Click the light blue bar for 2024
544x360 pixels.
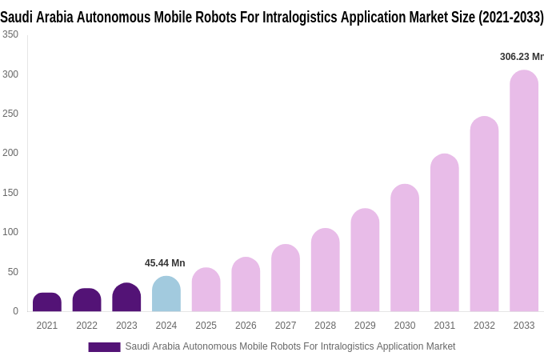pos(166,294)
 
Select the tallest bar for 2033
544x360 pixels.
pos(524,192)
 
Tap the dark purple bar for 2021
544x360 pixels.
pos(47,302)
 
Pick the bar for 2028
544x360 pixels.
pos(326,270)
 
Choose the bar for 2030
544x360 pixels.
pos(405,248)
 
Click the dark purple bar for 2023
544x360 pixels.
pos(126,298)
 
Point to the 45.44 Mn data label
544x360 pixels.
pos(165,263)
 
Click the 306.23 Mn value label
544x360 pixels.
pos(521,57)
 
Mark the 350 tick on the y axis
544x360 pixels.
pos(10,34)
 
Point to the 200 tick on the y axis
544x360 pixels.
pos(10,153)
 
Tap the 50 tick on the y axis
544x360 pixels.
pos(13,272)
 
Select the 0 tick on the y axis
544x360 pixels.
pos(15,311)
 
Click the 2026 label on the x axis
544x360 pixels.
pos(246,326)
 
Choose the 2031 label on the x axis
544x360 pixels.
pos(444,326)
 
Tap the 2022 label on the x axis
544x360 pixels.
pos(86,326)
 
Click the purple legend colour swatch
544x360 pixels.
pos(104,346)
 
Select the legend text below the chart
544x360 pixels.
pos(290,346)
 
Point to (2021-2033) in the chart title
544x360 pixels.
pos(510,17)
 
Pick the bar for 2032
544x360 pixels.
pos(484,214)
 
